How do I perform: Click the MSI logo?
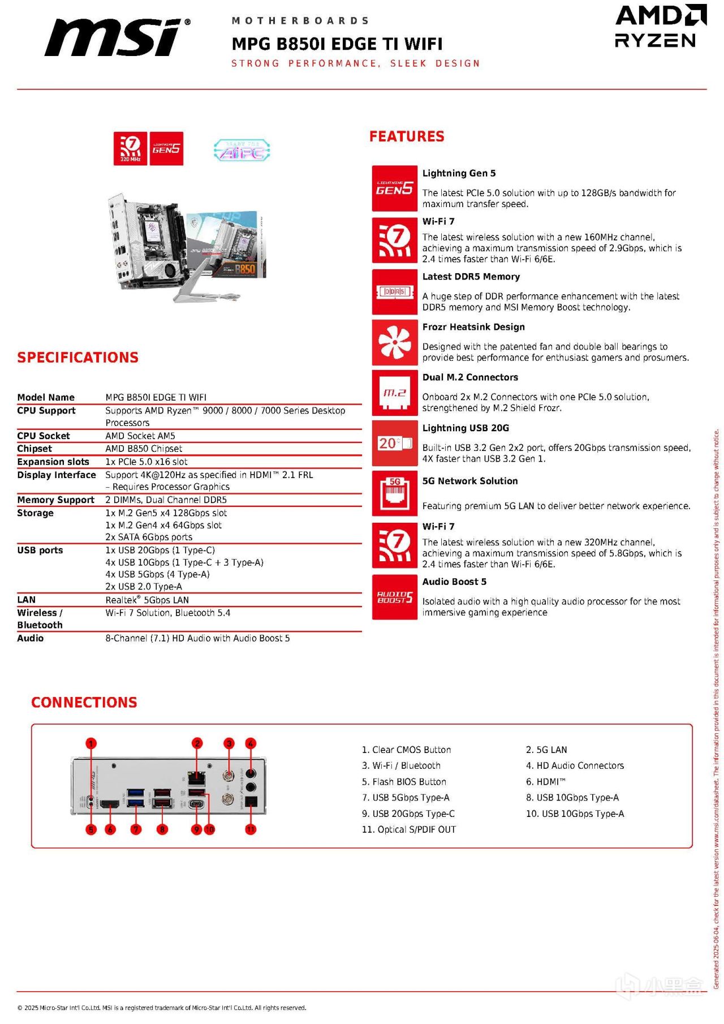tap(118, 37)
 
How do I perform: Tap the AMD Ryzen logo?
tap(660, 27)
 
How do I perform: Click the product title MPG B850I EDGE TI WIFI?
tap(337, 44)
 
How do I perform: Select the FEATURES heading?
tap(407, 136)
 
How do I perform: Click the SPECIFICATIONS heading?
tap(77, 358)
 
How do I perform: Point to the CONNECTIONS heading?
tap(84, 703)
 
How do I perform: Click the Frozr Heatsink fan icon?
tap(394, 343)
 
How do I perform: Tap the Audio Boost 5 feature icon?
tap(394, 597)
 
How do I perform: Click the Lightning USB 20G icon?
tap(394, 443)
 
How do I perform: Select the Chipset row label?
tap(35, 449)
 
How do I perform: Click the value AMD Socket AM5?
tap(140, 436)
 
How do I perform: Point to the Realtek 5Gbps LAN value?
tap(147, 600)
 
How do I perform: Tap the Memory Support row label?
tap(55, 500)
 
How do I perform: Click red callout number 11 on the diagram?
tap(251, 829)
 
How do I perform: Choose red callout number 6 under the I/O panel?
tap(110, 829)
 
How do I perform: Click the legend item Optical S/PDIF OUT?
tap(409, 830)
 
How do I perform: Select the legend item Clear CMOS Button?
tap(406, 750)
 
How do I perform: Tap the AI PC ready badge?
tap(242, 150)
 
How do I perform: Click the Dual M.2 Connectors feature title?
tap(470, 377)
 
